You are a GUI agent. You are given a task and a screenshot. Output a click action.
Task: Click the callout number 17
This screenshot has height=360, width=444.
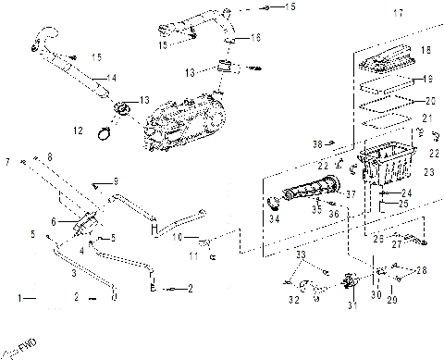click(399, 13)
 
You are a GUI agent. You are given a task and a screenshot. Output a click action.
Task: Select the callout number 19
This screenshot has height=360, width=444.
click(427, 79)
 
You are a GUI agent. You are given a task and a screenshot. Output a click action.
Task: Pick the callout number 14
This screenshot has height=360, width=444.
click(111, 76)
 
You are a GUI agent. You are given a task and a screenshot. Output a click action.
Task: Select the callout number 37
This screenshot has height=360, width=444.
click(351, 194)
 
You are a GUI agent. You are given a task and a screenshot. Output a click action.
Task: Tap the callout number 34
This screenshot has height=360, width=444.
click(275, 220)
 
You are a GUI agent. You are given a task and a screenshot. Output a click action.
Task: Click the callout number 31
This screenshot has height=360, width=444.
click(351, 306)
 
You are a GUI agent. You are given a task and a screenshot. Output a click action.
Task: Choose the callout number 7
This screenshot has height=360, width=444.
click(7, 161)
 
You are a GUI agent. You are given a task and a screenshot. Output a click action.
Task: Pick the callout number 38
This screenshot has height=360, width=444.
click(317, 143)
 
